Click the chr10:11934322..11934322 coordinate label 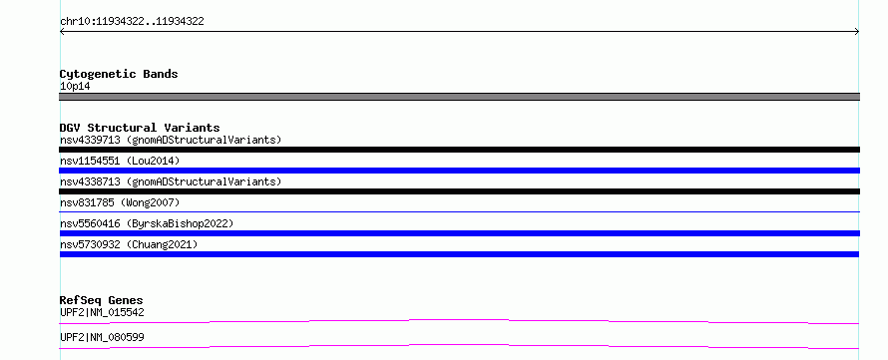point(132,22)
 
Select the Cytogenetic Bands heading point(119,74)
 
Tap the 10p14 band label point(75,87)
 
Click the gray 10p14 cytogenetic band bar point(459,97)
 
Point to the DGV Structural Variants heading point(140,128)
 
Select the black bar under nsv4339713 point(459,150)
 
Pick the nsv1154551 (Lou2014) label point(120,161)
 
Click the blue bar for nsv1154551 point(459,171)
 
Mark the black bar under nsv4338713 point(459,191)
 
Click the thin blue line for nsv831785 point(459,211)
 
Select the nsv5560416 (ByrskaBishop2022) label point(147,223)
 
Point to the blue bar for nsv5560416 point(459,233)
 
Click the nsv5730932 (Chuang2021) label point(129,244)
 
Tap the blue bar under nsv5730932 point(459,254)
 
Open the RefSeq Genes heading point(102,300)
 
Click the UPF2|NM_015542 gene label point(102,312)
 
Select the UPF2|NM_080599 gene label point(102,337)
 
